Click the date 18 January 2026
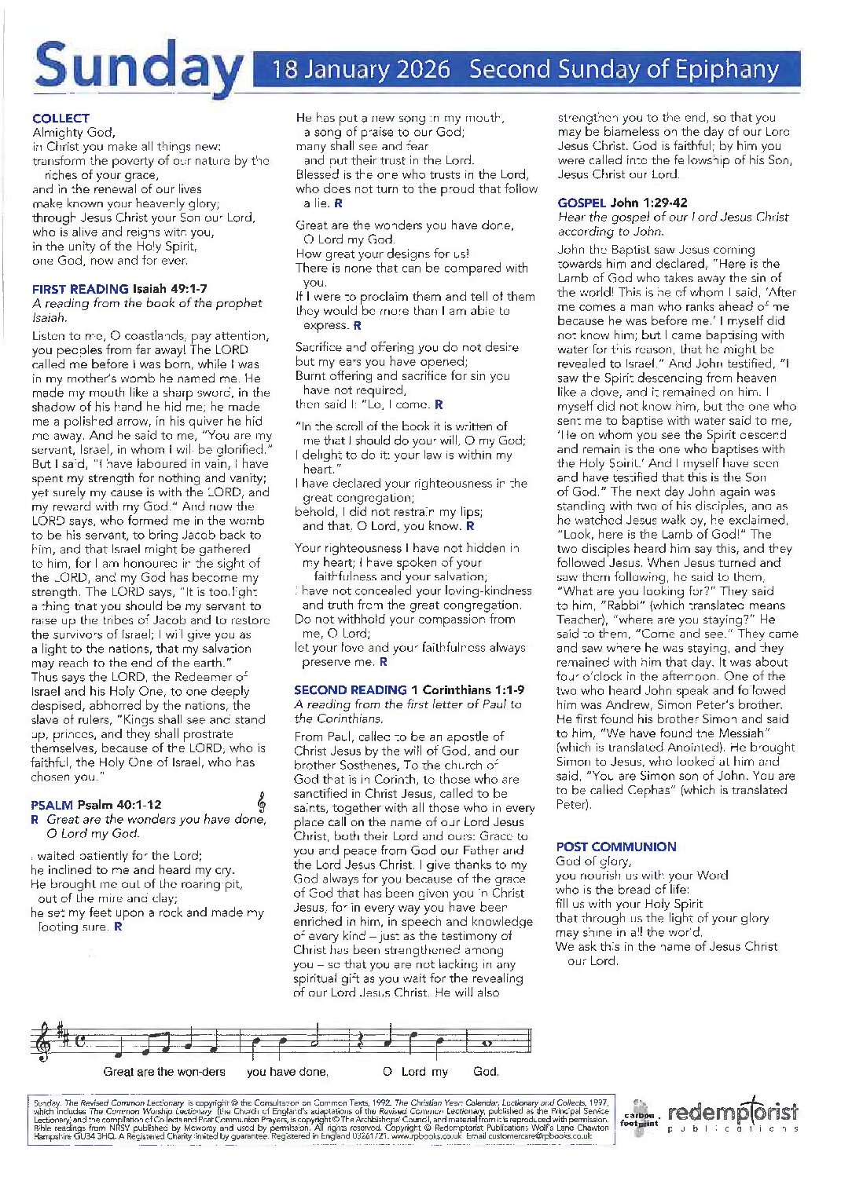pos(361,70)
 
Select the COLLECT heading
pos(61,118)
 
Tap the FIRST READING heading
pos(80,289)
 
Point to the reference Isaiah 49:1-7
pos(171,289)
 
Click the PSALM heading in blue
pos(52,805)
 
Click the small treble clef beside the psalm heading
pos(262,802)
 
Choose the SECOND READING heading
pos(351,690)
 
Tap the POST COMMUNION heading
pos(616,846)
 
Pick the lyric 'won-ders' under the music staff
pos(200,1072)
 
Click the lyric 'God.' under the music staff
pos(486,1072)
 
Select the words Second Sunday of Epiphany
pos(623,70)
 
